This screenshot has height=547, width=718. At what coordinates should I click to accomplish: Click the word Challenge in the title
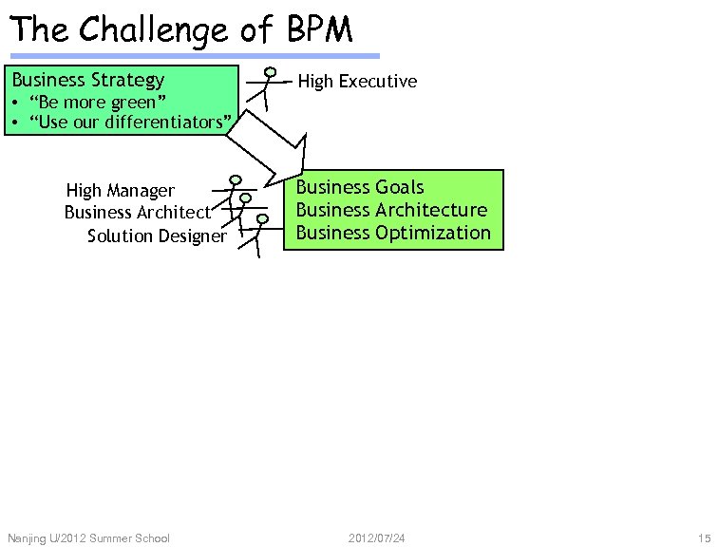[153, 30]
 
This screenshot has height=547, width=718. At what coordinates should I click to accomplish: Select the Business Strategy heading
[88, 80]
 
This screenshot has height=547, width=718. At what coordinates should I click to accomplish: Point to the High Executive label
[357, 82]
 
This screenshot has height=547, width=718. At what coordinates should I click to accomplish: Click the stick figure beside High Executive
[269, 87]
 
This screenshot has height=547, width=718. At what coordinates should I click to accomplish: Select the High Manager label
[121, 191]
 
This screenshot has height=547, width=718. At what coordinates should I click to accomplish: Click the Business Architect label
[138, 212]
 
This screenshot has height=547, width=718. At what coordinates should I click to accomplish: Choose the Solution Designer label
[157, 236]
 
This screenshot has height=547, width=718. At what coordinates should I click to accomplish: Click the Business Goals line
[360, 187]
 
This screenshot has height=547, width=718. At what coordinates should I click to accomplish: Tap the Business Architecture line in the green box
[391, 210]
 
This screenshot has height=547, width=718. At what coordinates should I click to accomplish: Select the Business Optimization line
[393, 233]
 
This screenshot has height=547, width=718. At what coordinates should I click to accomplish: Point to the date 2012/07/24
[377, 538]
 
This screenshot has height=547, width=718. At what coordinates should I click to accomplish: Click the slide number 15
[703, 538]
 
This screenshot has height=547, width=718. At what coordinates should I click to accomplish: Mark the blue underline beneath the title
[194, 56]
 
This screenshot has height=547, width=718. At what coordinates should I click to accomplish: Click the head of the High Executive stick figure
[271, 72]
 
